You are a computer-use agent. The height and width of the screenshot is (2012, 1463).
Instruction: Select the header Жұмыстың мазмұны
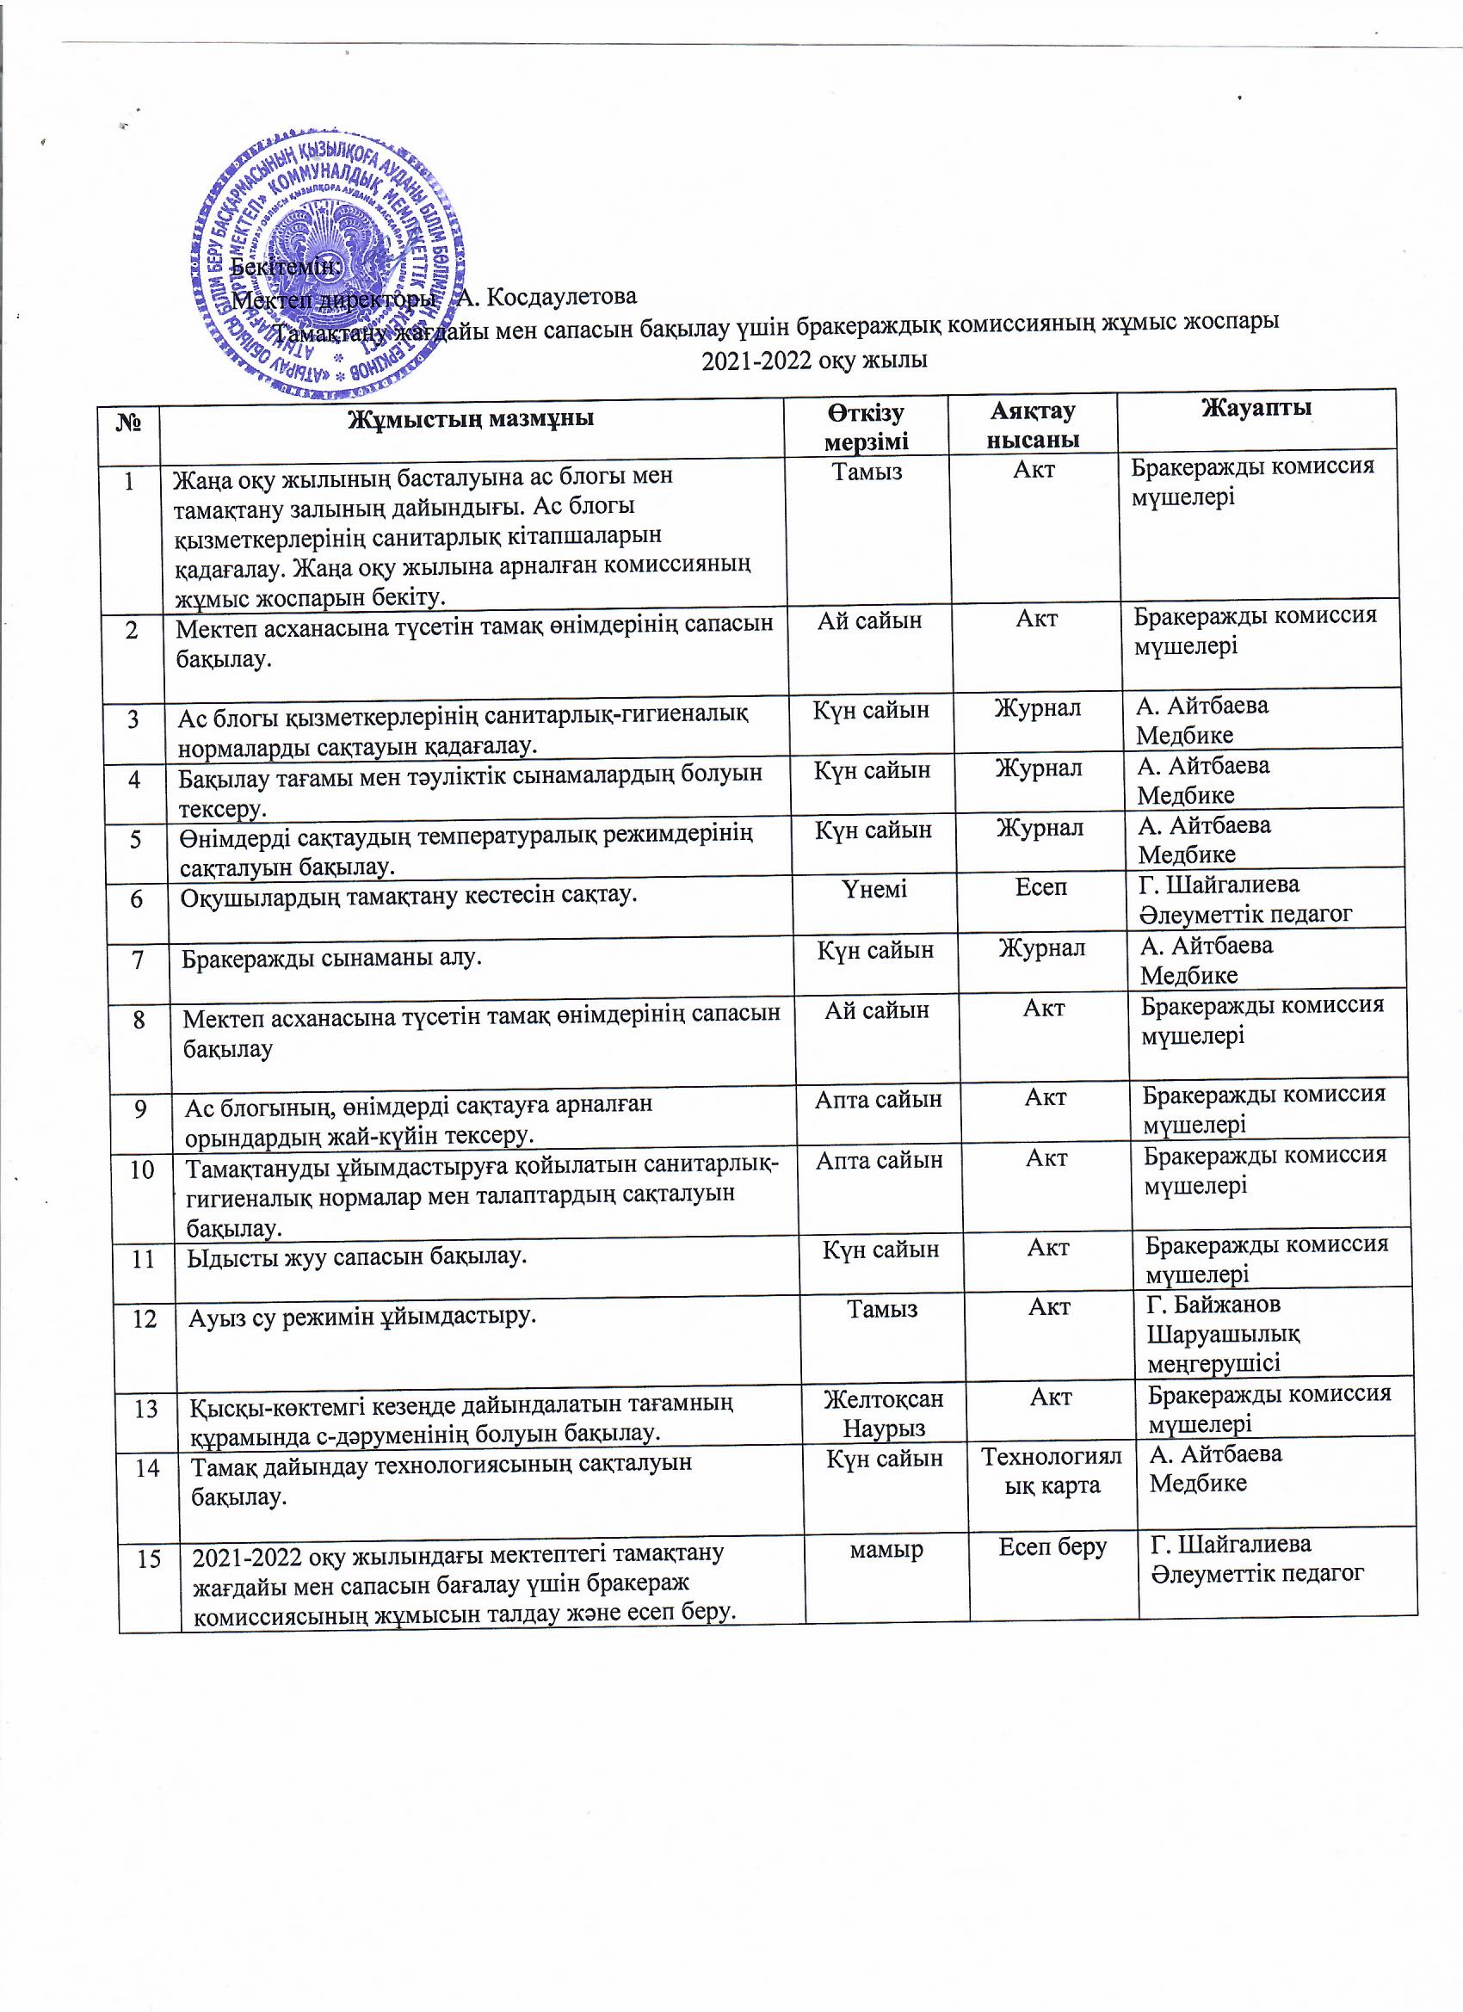(470, 418)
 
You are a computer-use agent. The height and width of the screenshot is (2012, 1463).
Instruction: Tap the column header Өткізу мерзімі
(866, 428)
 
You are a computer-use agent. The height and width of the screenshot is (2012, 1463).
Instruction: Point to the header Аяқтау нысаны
(1033, 425)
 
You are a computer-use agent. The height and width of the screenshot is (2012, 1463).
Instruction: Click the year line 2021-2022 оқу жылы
(814, 361)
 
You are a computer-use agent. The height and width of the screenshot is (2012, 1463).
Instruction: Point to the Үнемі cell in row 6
(874, 888)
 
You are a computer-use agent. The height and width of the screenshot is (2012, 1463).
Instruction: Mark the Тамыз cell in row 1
(867, 471)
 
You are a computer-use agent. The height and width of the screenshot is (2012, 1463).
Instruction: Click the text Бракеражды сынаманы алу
(332, 958)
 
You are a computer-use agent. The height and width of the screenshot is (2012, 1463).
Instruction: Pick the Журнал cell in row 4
(1038, 768)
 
